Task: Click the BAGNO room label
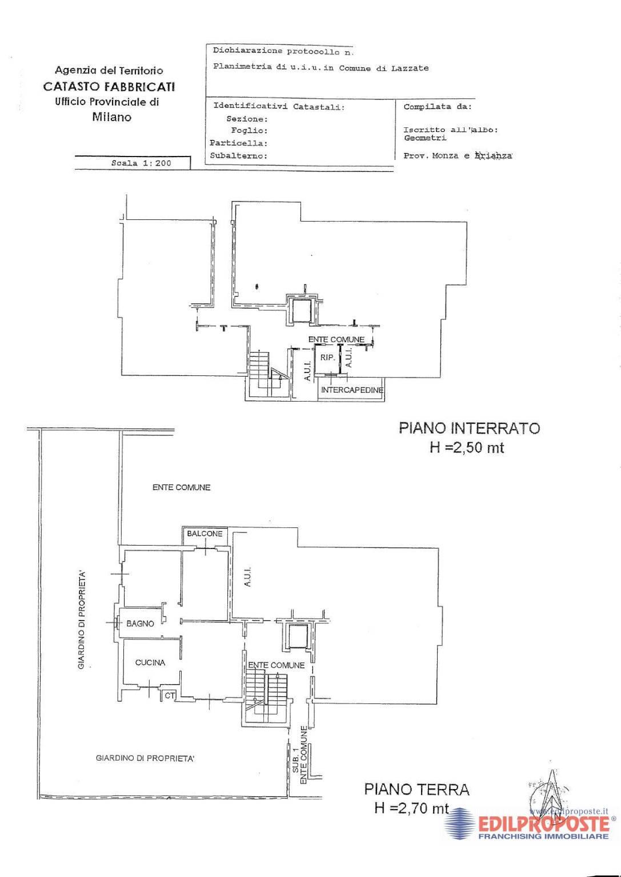140,624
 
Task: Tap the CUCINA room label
150,662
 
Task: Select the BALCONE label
205,534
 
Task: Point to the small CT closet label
170,696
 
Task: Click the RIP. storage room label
328,358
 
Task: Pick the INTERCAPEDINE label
352,390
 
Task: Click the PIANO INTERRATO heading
469,428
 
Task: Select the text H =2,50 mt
467,447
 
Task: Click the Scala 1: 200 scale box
141,163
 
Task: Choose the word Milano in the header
112,117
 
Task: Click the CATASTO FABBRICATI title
109,86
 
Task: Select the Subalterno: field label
238,156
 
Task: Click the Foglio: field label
249,131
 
